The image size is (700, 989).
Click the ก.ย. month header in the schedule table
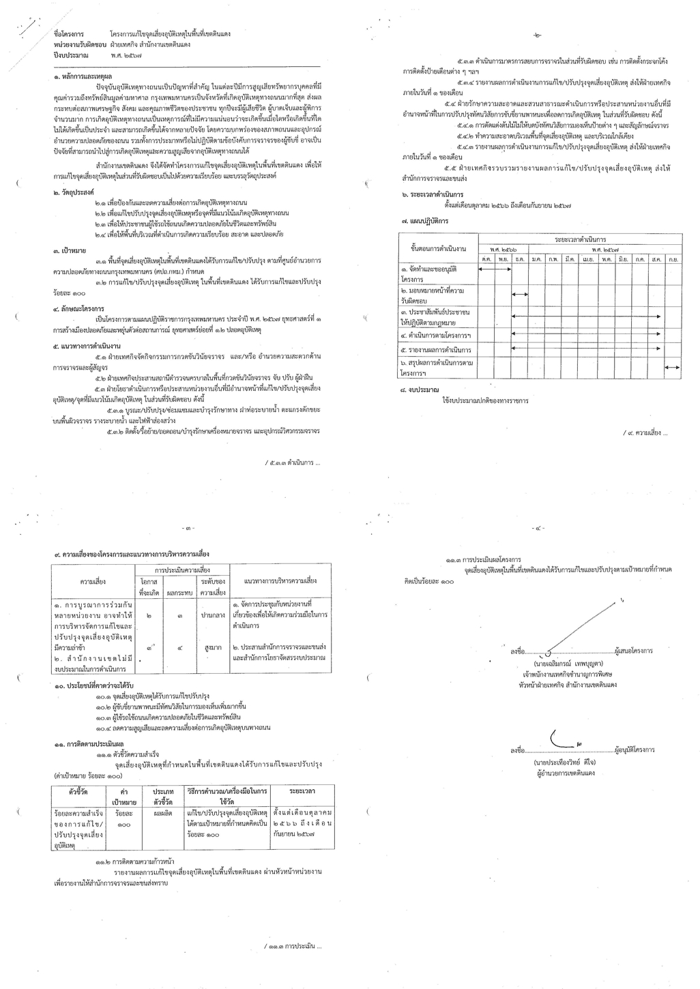[673, 259]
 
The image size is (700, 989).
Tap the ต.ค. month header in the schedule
[487, 259]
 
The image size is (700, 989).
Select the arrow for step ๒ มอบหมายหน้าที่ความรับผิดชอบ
[520, 293]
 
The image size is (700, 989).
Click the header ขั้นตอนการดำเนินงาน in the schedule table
[439, 248]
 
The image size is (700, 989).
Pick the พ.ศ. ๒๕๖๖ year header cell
[504, 250]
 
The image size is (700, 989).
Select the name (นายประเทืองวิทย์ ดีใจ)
[566, 761]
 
